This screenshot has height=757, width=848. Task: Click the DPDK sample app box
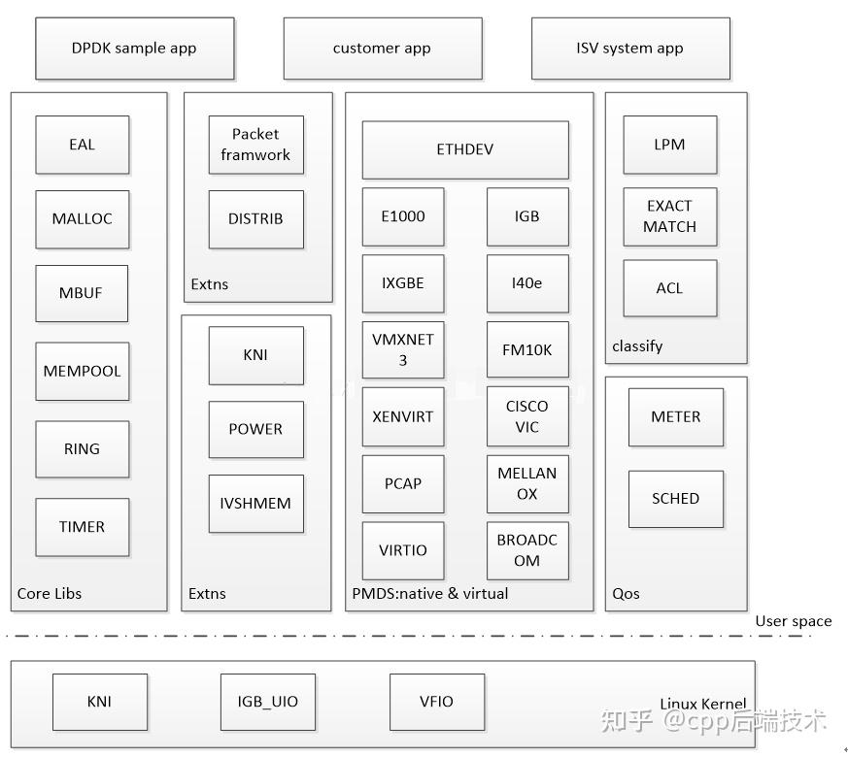pyautogui.click(x=134, y=49)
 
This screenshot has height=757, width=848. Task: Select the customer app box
pyautogui.click(x=382, y=49)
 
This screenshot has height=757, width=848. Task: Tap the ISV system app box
pyautogui.click(x=629, y=49)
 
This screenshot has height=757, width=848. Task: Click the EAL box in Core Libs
pyautogui.click(x=82, y=145)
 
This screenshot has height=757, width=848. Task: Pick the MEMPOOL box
pyautogui.click(x=82, y=371)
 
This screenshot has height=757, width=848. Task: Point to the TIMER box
pyautogui.click(x=82, y=527)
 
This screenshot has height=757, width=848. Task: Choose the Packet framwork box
pyautogui.click(x=255, y=145)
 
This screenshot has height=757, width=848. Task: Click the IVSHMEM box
pyautogui.click(x=255, y=503)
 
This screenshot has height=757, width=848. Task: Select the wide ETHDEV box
pyautogui.click(x=465, y=149)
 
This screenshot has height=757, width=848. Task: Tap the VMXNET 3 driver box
pyautogui.click(x=403, y=349)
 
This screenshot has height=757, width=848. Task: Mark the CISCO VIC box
pyautogui.click(x=526, y=416)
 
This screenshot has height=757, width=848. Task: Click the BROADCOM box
pyautogui.click(x=526, y=550)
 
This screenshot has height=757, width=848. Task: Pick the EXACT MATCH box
pyautogui.click(x=669, y=216)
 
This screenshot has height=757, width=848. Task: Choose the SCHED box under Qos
pyautogui.click(x=675, y=499)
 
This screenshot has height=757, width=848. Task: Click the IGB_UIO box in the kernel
pyautogui.click(x=268, y=702)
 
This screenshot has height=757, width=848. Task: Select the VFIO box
pyautogui.click(x=436, y=702)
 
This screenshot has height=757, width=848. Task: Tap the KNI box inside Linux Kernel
pyautogui.click(x=99, y=702)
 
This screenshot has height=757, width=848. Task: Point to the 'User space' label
pyautogui.click(x=793, y=621)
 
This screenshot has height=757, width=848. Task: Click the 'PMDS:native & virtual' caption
pyautogui.click(x=429, y=593)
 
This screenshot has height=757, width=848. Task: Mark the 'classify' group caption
pyautogui.click(x=637, y=346)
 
